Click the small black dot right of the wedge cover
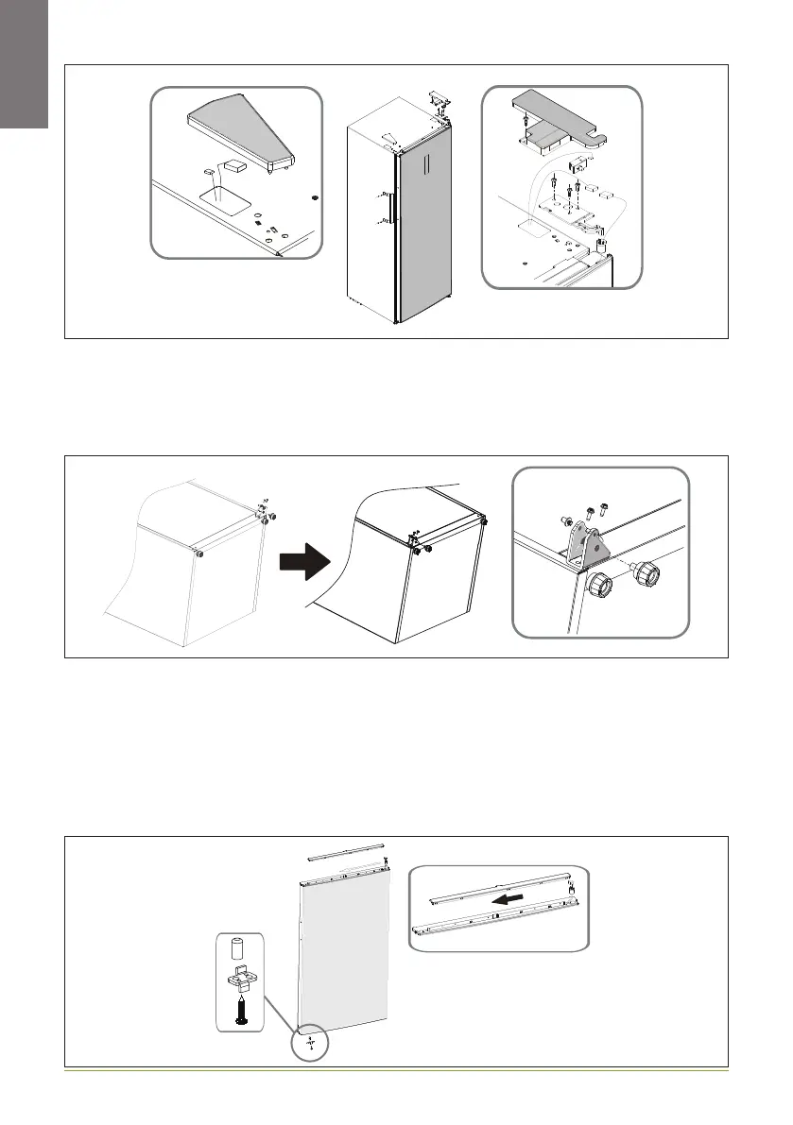point(313,198)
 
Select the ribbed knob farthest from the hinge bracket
point(646,572)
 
